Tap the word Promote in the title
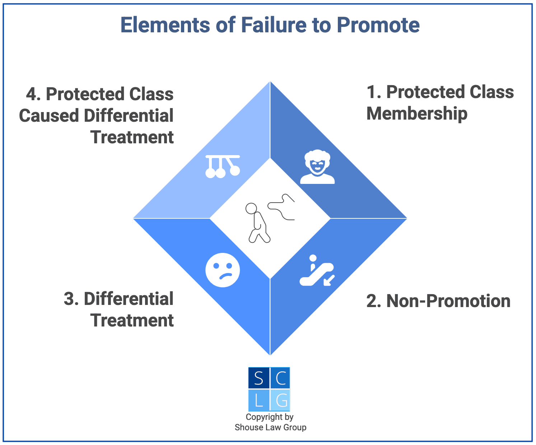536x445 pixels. coord(378,25)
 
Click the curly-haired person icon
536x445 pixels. coord(317,167)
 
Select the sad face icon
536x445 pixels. coord(223,270)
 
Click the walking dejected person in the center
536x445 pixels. coord(257,223)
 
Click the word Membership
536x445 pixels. coord(417,114)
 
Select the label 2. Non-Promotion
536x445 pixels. coord(438,301)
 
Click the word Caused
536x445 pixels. coord(49,116)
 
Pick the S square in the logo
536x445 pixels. coord(258,378)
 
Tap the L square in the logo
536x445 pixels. coord(258,400)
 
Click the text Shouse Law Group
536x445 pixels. coord(270,427)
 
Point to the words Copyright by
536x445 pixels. coord(270,417)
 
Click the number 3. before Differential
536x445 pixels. coord(71,299)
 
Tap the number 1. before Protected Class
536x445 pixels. coord(374,92)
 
